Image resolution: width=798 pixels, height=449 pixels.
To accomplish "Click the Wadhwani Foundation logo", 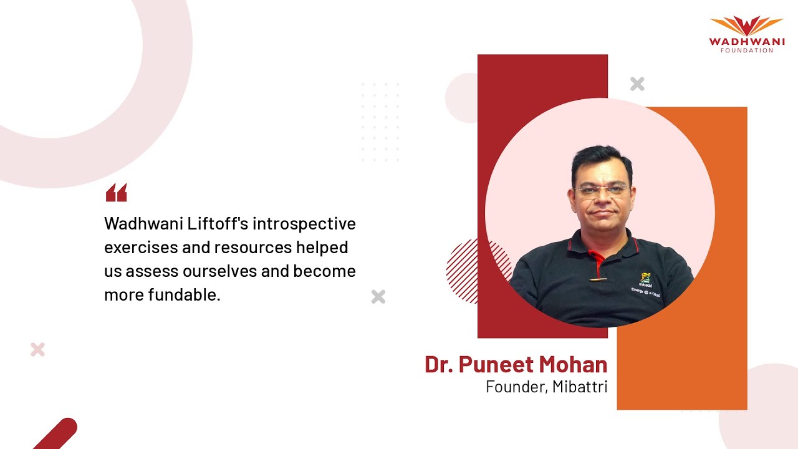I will pyautogui.click(x=746, y=34).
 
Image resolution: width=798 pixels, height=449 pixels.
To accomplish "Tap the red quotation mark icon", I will pyautogui.click(x=116, y=193).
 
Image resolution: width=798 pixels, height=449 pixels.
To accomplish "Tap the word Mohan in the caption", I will pyautogui.click(x=574, y=364).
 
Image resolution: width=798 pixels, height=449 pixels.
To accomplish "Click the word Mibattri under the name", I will pyautogui.click(x=580, y=387).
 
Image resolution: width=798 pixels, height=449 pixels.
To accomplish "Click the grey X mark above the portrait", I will pyautogui.click(x=637, y=84).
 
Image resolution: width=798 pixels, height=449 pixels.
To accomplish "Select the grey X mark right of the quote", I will pyautogui.click(x=378, y=297).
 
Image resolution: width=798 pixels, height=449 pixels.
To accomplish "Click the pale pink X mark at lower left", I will pyautogui.click(x=37, y=349).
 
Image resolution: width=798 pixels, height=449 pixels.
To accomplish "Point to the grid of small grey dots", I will pyautogui.click(x=380, y=122).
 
